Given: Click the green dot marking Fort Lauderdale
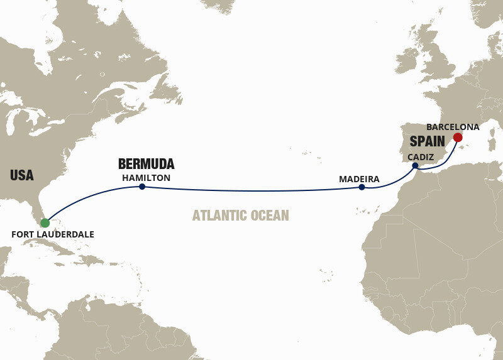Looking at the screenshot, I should (45, 222).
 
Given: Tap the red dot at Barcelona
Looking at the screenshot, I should (458, 137).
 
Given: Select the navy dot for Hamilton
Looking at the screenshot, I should (143, 187).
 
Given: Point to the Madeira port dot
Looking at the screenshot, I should (362, 187).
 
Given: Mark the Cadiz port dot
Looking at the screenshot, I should (415, 166).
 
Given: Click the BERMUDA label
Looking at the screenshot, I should (146, 165).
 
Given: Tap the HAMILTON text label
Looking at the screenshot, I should (146, 178).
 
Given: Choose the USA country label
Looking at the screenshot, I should (22, 175).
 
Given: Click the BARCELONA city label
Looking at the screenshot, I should (452, 126).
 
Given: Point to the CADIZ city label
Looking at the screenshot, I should (421, 156).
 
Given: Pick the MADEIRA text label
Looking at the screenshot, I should (359, 179).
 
